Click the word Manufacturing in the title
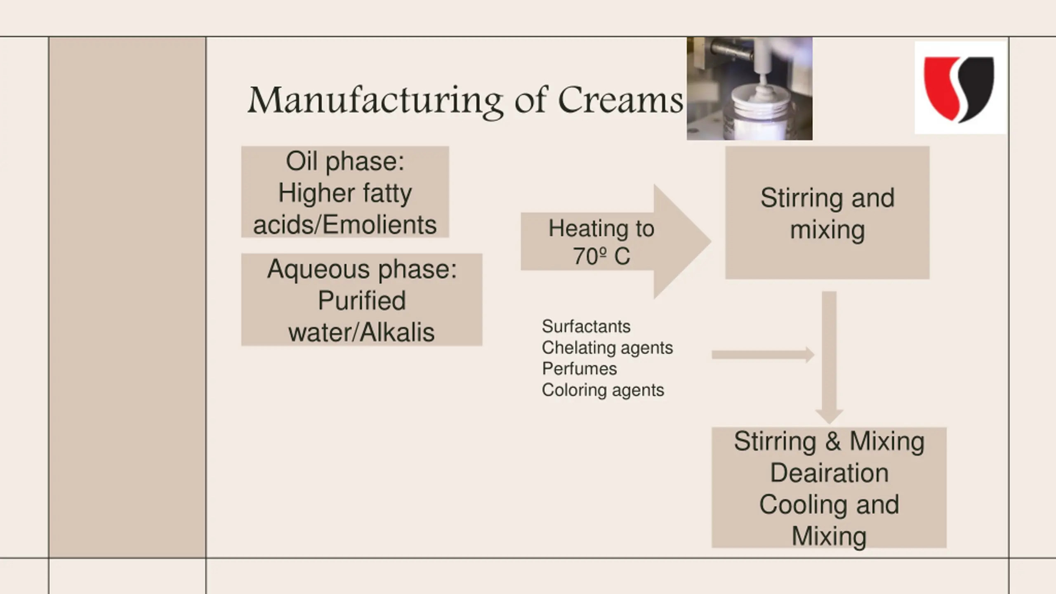point(375,101)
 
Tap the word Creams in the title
point(620,100)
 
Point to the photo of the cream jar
point(750,88)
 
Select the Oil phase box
point(345,192)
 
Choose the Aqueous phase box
point(362,299)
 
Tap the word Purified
point(362,300)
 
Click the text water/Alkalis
point(361,332)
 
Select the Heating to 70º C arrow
point(616,241)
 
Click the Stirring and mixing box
point(827,213)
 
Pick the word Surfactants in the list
point(586,326)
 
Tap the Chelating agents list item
point(607,348)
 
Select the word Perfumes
point(580,369)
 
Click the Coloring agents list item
point(603,390)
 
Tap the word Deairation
point(829,473)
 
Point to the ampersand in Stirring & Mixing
point(833,441)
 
